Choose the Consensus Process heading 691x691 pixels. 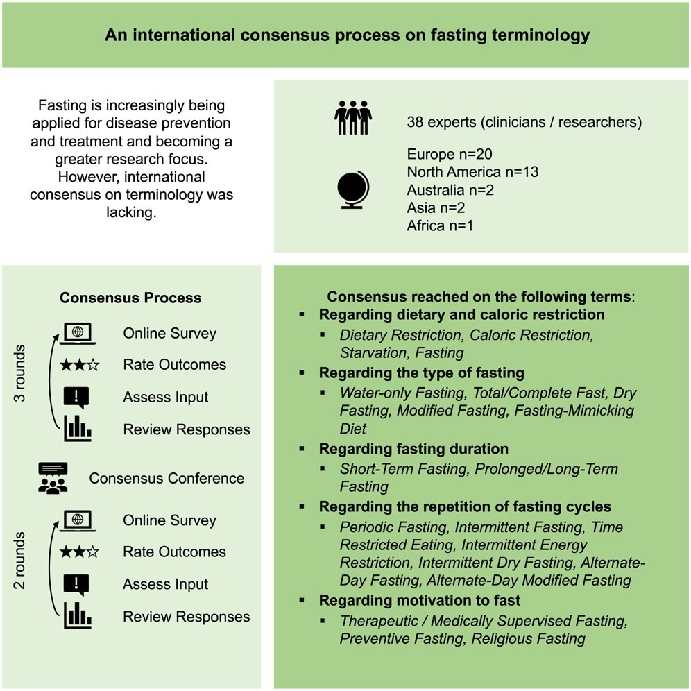(130, 298)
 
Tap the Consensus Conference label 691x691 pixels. (167, 478)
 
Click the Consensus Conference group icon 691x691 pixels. (53, 478)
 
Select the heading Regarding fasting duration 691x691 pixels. (413, 449)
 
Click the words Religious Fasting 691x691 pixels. (528, 638)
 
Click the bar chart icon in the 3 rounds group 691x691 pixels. (77, 428)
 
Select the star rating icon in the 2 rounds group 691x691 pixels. (79, 552)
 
